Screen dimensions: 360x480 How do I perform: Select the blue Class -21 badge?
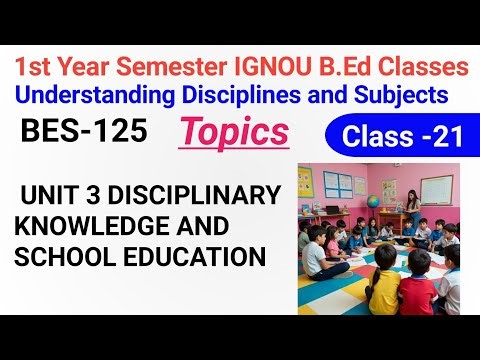click(400, 137)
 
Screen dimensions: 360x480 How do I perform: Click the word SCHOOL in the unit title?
click(62, 256)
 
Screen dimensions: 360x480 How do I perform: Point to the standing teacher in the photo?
click(412, 208)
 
